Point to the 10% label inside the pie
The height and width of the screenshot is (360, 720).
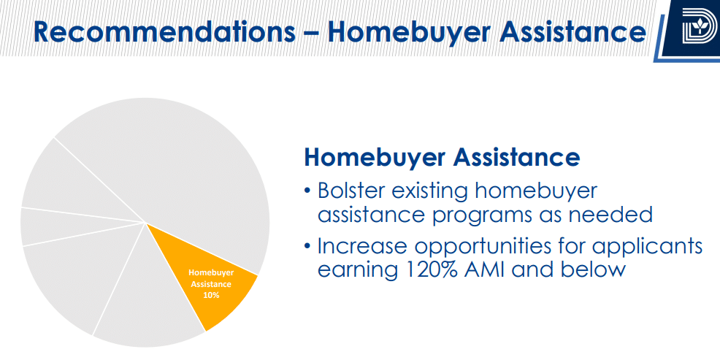211,295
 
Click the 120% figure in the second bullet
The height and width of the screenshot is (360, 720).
429,269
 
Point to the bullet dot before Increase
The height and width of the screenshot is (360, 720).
307,248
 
